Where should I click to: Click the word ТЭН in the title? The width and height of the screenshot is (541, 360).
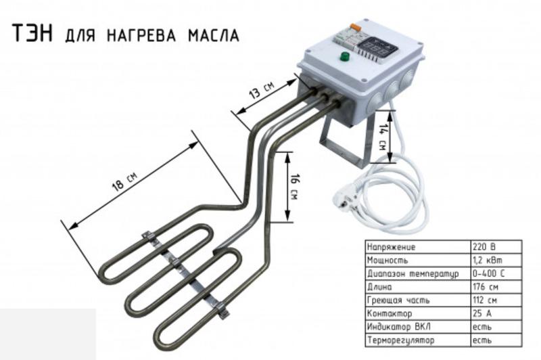32,33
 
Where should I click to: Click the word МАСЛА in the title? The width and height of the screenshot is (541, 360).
214,35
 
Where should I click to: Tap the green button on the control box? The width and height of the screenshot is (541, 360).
344,56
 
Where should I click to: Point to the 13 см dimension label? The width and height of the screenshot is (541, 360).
262,91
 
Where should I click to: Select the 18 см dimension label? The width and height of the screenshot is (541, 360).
124,181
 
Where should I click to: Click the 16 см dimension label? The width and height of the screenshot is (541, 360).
294,187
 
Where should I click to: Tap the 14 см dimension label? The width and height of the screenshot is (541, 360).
382,137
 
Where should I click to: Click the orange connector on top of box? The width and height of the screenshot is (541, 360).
356,26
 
